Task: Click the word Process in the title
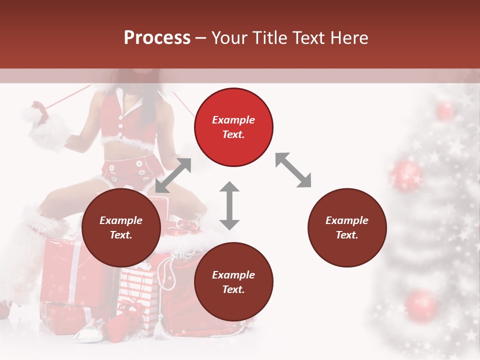tap(157, 38)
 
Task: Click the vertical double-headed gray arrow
tap(229, 205)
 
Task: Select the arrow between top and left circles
tap(173, 175)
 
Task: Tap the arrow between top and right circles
tap(293, 170)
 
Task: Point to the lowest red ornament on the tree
tap(421, 304)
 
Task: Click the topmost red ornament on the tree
tap(444, 110)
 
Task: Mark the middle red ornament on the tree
tap(406, 175)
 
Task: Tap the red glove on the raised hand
tap(39, 110)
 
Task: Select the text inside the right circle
tap(347, 227)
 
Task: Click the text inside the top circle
tap(233, 127)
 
